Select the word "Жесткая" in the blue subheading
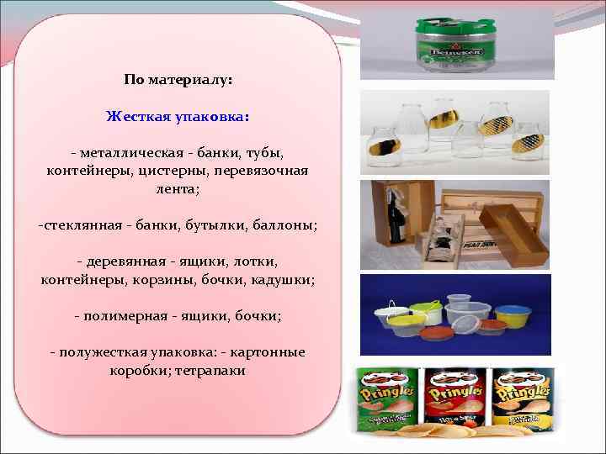point(135,116)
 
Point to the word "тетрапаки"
point(210,370)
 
